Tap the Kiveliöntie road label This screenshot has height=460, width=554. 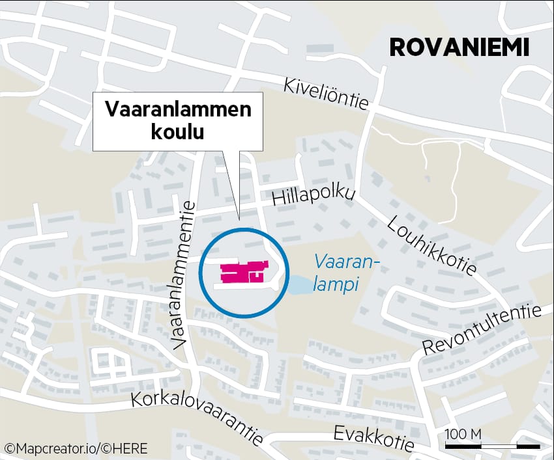coord(326,94)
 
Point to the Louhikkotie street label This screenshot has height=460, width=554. coord(431,245)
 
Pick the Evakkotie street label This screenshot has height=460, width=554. coord(373,437)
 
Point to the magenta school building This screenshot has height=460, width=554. coord(242,272)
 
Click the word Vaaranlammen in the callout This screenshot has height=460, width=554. coord(178,109)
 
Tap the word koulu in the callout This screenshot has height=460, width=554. coord(177,131)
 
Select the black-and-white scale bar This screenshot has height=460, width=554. coord(492,446)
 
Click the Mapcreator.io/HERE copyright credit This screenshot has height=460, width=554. coord(76,448)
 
